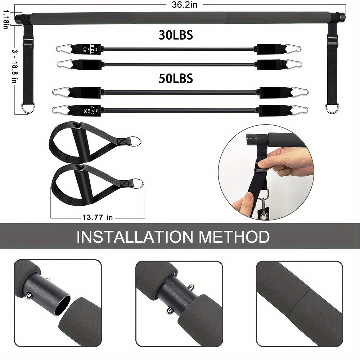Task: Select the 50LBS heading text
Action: click(x=176, y=78)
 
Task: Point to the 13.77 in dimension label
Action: click(x=98, y=217)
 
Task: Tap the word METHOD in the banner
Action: click(x=234, y=237)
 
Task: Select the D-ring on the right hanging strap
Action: click(x=332, y=108)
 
